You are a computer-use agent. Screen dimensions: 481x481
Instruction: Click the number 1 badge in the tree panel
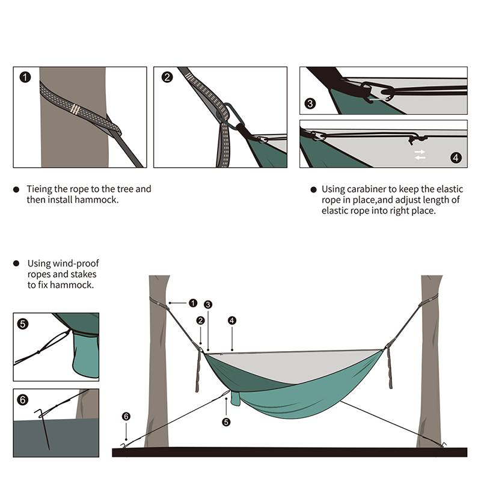click(25, 78)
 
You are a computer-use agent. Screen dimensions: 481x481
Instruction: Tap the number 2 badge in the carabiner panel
click(167, 78)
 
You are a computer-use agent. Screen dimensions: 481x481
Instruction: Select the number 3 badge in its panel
click(310, 103)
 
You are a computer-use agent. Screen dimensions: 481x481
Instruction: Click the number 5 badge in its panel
click(23, 323)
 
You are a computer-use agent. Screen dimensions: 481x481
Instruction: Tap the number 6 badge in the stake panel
click(23, 399)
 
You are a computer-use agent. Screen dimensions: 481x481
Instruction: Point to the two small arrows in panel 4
click(420, 155)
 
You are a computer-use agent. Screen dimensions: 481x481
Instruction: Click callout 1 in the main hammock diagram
click(193, 302)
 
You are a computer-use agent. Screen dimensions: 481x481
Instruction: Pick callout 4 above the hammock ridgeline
click(232, 320)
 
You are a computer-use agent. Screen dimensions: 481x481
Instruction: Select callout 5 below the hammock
click(226, 421)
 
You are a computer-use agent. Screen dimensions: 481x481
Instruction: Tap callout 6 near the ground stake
click(126, 415)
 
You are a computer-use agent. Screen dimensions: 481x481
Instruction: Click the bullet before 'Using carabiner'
click(313, 189)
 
